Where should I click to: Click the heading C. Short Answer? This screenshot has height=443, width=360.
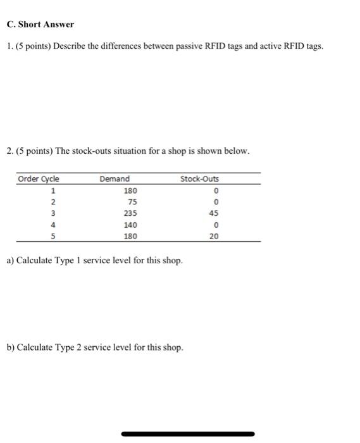[x=40, y=25]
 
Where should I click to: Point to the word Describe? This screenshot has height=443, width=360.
[x=64, y=47]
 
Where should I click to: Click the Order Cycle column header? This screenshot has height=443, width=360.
[x=39, y=179]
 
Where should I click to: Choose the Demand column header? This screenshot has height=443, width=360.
[x=115, y=179]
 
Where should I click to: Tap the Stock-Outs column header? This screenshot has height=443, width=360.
[x=199, y=179]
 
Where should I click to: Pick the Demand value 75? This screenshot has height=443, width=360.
[x=132, y=202]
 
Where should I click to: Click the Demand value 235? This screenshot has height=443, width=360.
[x=130, y=213]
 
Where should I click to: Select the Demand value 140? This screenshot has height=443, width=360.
[x=130, y=225]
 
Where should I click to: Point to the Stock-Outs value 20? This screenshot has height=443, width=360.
[x=214, y=236]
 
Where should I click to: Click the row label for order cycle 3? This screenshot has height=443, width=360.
[x=54, y=213]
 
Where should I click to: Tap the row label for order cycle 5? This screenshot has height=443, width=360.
[x=54, y=236]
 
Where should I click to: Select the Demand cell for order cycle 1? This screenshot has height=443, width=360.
[x=130, y=190]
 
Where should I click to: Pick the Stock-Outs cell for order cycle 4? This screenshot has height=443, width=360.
[x=216, y=225]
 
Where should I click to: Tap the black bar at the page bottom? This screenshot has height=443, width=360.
[x=187, y=434]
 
